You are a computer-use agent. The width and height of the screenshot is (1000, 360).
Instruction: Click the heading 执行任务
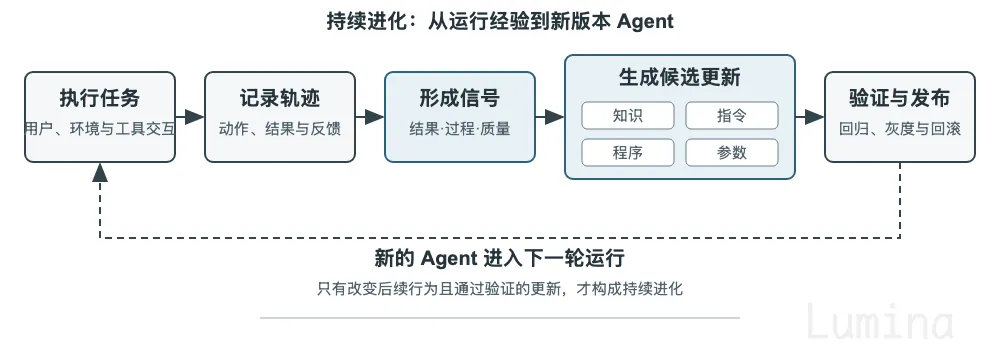point(99,99)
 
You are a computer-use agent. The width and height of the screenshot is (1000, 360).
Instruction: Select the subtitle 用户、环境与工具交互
point(99,129)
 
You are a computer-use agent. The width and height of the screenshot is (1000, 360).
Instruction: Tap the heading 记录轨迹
point(279,99)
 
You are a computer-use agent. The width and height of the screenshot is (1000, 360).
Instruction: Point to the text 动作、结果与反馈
point(279,129)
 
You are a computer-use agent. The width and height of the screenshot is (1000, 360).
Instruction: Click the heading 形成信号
point(459,99)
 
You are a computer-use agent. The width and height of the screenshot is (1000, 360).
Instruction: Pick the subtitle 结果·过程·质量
point(459,129)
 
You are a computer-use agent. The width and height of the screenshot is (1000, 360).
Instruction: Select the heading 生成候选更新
point(679,78)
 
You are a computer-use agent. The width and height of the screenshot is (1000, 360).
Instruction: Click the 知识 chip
point(628,116)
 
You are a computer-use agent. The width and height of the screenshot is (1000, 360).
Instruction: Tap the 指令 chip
point(732,116)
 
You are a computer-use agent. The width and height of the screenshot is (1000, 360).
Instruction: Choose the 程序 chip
point(628,153)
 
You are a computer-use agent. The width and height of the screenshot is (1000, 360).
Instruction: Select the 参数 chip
point(732,153)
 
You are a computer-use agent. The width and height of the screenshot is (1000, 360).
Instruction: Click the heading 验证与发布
point(899,99)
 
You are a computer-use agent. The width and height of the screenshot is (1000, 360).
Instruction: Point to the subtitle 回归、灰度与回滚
point(899,129)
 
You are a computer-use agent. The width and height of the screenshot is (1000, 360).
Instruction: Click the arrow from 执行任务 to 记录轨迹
point(189,117)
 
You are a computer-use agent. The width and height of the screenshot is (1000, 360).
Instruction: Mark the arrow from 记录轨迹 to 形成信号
point(369,117)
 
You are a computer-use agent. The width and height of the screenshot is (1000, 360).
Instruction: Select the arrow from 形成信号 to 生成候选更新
point(550,117)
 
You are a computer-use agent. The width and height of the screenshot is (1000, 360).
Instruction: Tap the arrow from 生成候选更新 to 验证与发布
point(810,117)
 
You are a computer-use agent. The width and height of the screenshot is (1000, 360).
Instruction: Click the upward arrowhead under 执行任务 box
point(99,172)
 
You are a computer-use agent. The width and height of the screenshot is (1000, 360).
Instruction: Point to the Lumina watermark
point(880,321)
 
